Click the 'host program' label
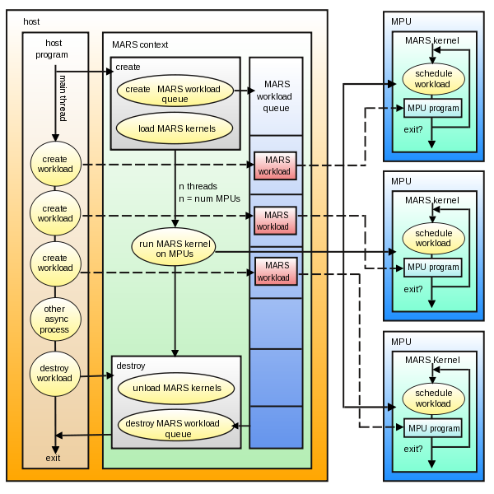[x=53, y=48]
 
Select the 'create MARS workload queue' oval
[x=175, y=93]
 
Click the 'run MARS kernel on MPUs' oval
[x=173, y=249]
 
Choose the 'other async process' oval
[x=54, y=319]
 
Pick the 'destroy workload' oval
[x=54, y=373]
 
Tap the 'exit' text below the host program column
[x=53, y=458]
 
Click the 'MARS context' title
[x=140, y=44]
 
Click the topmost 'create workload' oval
[x=54, y=163]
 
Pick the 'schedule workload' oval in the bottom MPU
[x=433, y=398]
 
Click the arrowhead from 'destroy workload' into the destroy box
[x=109, y=375]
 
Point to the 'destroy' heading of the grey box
[x=130, y=365]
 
